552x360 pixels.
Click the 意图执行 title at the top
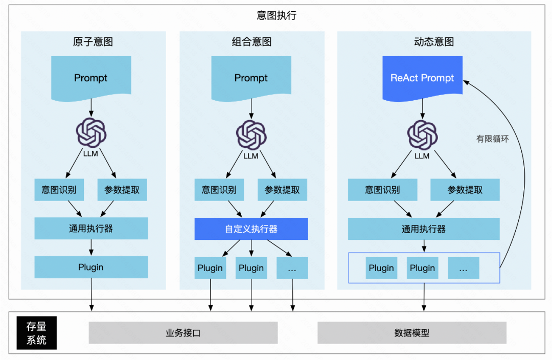[x=276, y=15]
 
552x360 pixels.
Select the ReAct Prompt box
[x=422, y=78]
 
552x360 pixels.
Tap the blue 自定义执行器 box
[x=251, y=229]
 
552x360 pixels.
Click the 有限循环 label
[x=493, y=139]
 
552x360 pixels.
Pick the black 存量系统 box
[x=37, y=333]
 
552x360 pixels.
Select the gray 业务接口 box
[x=183, y=333]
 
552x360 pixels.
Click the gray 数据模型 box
[x=412, y=333]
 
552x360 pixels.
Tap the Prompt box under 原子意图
[x=91, y=78]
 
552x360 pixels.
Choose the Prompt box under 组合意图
[x=251, y=78]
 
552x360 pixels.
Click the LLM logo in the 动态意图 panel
[x=422, y=134]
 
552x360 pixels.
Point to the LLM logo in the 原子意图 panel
[x=91, y=132]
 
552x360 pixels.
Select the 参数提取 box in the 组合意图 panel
[x=282, y=190]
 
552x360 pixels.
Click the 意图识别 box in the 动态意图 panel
[x=382, y=190]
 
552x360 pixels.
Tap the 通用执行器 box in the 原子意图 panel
[x=91, y=229]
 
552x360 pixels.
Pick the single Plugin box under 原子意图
[x=91, y=267]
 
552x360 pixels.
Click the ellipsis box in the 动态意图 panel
[x=464, y=268]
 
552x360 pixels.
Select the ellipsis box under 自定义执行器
[x=292, y=268]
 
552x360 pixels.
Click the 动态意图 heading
[x=434, y=42]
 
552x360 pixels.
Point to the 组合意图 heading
[x=251, y=42]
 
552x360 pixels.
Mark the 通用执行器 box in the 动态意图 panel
[x=424, y=229]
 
